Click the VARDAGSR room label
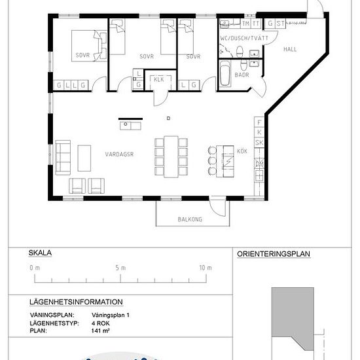119,154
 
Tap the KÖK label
242,151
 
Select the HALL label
290,49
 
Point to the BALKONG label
190,219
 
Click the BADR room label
242,75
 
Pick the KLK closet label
159,79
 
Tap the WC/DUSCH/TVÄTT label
244,38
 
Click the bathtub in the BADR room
225,74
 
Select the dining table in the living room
171,157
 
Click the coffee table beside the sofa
84,158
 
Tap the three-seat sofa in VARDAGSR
63,158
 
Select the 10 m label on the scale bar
206,268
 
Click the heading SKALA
40,253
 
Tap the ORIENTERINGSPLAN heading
274,254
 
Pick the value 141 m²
100,331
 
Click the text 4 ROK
101,323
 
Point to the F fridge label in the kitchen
259,122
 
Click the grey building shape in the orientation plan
293,317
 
